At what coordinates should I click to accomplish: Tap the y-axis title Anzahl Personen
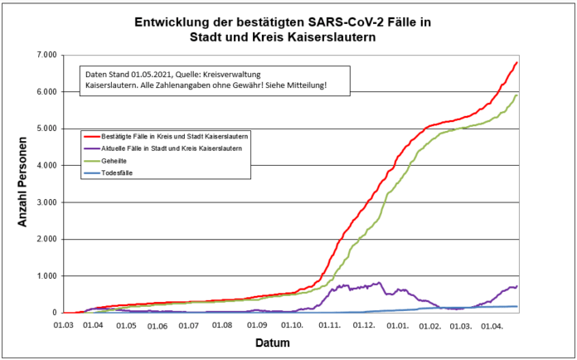[x=24, y=182]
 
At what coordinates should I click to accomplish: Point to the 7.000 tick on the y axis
[x=44, y=55]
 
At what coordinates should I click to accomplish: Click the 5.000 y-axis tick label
[x=44, y=129]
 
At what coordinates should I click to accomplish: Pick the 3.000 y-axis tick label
[x=44, y=202]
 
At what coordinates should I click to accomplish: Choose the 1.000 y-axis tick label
[x=44, y=276]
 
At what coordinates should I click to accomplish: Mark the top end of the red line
[x=517, y=62]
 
